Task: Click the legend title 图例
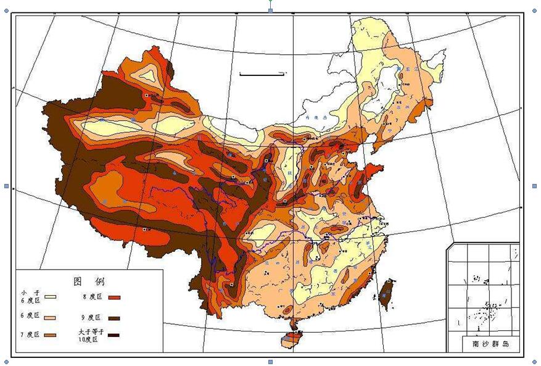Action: click(89, 281)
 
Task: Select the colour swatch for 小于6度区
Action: click(51, 297)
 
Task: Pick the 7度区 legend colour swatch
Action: click(51, 335)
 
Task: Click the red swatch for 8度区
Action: click(114, 297)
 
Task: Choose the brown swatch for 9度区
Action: click(114, 318)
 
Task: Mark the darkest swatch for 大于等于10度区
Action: click(114, 336)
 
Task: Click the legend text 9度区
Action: click(90, 318)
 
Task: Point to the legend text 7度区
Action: click(29, 335)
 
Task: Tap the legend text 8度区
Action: click(91, 297)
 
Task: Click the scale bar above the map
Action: click(262, 74)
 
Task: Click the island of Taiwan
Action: click(387, 293)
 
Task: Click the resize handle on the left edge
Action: click(7, 186)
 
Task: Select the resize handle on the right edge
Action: click(534, 186)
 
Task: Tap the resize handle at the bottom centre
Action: click(270, 362)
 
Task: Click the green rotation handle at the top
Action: click(270, 2)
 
